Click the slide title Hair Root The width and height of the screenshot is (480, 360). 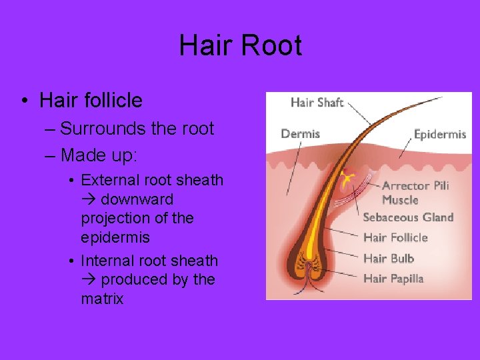tap(240, 46)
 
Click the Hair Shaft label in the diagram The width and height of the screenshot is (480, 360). tap(317, 102)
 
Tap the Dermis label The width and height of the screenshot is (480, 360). tap(300, 133)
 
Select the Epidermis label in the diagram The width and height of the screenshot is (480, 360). tap(440, 134)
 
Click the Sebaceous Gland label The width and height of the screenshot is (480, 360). tap(408, 217)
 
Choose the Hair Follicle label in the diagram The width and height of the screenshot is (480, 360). tap(395, 237)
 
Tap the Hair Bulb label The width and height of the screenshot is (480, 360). tap(389, 258)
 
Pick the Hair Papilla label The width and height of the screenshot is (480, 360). tap(393, 279)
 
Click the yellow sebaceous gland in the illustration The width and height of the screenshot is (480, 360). tap(346, 179)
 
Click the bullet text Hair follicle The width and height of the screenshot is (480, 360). tap(91, 101)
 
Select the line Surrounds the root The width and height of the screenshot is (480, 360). tap(137, 128)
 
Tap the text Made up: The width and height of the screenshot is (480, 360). tap(99, 155)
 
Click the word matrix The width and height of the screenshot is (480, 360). tap(102, 299)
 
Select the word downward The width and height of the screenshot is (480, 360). tap(137, 199)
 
